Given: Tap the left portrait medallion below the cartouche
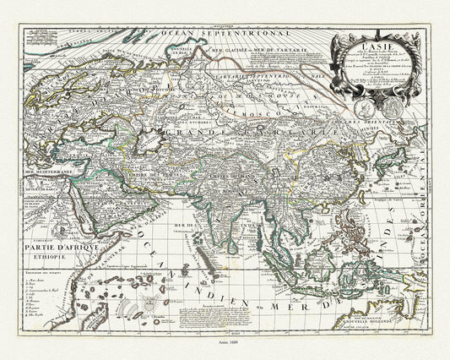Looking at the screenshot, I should pos(366,106).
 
